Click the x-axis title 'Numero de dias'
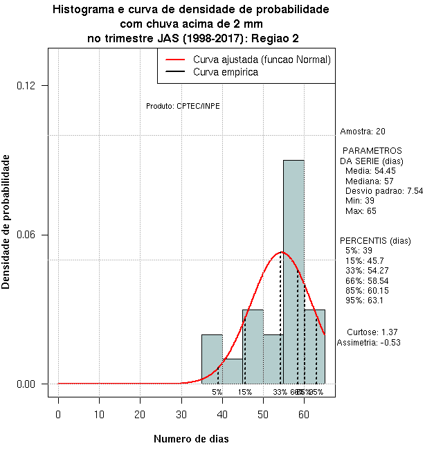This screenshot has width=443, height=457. click(x=190, y=439)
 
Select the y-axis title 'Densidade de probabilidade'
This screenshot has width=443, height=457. click(x=6, y=222)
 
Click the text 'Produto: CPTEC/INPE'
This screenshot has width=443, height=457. click(x=183, y=106)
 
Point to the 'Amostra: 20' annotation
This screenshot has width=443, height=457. click(x=363, y=132)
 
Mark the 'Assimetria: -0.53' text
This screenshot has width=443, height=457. click(x=369, y=343)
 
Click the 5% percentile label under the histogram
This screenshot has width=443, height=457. click(x=217, y=392)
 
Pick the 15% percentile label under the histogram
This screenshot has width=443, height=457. click(x=244, y=392)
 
